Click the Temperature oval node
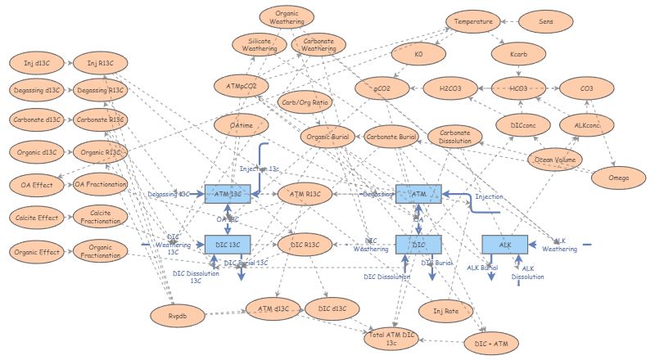coord(474,22)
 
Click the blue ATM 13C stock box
coord(227,194)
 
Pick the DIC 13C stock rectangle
coord(227,244)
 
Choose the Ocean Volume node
coord(556,160)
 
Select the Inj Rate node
coord(441,310)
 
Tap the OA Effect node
coord(33,185)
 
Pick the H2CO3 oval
coord(449,88)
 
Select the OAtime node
coord(242,124)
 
